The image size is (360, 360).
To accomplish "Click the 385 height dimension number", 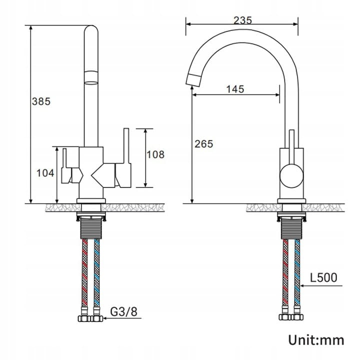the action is pyautogui.click(x=41, y=101).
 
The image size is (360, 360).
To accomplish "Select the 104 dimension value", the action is pyautogui.click(x=45, y=173).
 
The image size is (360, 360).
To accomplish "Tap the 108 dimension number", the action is pyautogui.click(x=155, y=154).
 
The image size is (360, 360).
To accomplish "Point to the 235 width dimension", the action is pyautogui.click(x=242, y=20).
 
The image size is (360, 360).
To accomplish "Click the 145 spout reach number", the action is pyautogui.click(x=235, y=89).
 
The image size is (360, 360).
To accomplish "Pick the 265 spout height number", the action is pyautogui.click(x=204, y=144).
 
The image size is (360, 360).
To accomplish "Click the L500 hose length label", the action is pyautogui.click(x=323, y=277).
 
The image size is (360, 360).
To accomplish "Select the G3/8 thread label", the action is pyautogui.click(x=124, y=311).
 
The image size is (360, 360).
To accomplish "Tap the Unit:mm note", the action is pyautogui.click(x=316, y=340).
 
